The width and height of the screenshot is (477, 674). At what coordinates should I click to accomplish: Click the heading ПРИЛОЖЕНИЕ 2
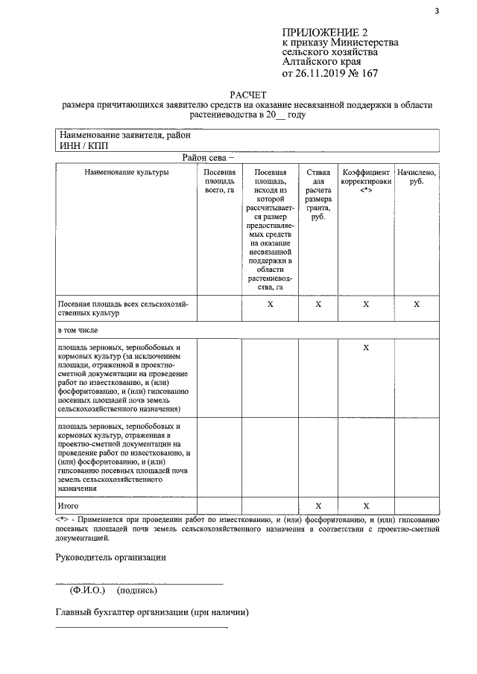tap(325, 33)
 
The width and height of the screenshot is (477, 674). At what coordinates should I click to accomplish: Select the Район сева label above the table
tap(203, 158)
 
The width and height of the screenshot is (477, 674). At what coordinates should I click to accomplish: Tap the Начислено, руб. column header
tap(417, 177)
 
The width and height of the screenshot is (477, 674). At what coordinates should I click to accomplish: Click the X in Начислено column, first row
tap(417, 304)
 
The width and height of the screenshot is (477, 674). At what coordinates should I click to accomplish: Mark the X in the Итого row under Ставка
tap(319, 506)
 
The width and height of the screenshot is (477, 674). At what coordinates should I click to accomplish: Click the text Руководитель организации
tap(110, 558)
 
